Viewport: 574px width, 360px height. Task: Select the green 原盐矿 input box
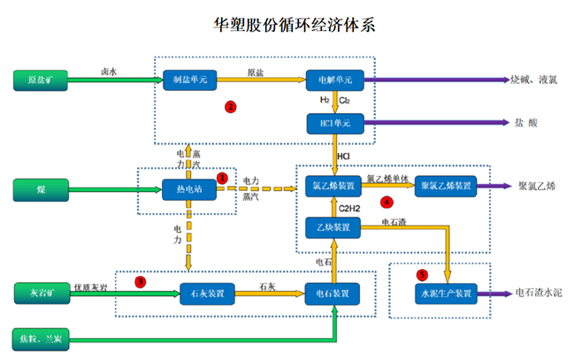(x=42, y=80)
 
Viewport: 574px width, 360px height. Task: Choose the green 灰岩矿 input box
(x=42, y=292)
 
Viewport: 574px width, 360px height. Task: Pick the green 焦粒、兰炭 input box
(x=42, y=338)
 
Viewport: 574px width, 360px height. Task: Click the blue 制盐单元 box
(x=190, y=80)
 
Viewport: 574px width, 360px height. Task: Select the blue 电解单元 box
(x=334, y=80)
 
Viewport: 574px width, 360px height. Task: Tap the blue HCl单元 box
(x=334, y=122)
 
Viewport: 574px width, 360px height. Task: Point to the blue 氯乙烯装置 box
(x=334, y=187)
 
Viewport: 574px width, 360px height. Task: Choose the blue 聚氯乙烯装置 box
(x=445, y=187)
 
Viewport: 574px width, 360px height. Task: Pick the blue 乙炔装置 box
(x=334, y=228)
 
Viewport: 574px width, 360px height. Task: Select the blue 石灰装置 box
(x=206, y=293)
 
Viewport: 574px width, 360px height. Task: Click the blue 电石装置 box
(x=334, y=293)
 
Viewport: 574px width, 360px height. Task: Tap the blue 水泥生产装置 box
(x=445, y=293)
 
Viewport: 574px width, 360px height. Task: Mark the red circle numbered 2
(x=230, y=107)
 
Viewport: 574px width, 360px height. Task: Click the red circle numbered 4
(x=386, y=203)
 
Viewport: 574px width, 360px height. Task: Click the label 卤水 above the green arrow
(x=109, y=71)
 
